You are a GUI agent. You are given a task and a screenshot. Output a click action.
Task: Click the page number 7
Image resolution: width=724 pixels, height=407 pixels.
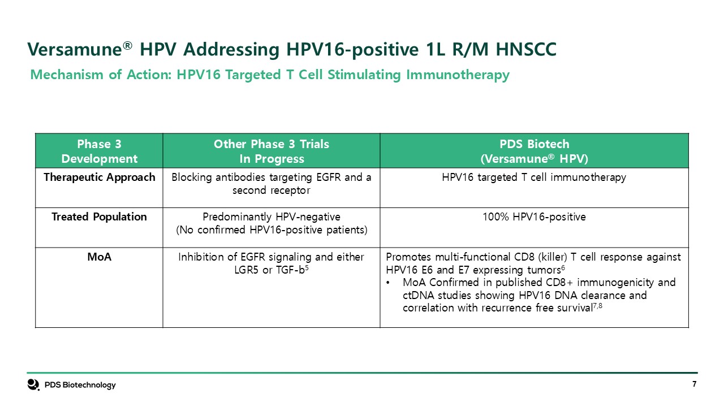tap(694, 384)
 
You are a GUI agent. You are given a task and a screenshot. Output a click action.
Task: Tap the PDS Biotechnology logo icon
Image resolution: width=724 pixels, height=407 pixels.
tap(33, 385)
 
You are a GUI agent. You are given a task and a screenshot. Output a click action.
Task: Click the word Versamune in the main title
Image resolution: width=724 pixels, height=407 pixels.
tap(74, 49)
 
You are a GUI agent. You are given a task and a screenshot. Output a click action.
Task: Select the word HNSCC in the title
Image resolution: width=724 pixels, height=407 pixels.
tap(526, 49)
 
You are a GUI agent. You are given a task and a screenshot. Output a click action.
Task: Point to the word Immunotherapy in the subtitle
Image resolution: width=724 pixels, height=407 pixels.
tap(458, 75)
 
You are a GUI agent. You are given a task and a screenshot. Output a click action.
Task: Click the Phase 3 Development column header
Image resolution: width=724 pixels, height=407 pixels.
tap(99, 151)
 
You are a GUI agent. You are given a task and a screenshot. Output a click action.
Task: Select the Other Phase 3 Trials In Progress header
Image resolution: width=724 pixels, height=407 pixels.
tap(271, 151)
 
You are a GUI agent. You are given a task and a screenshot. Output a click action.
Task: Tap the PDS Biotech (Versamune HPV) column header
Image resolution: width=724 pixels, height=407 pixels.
tap(535, 151)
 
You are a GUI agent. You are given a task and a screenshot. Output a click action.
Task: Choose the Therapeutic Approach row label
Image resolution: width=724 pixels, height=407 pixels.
tap(99, 177)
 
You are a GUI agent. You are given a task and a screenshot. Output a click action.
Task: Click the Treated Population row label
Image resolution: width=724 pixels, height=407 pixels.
tap(99, 217)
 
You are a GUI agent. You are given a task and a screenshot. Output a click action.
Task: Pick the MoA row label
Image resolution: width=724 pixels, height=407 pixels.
tap(99, 257)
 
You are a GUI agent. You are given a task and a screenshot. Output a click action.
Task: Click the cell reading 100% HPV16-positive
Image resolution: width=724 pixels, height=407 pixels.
tap(535, 217)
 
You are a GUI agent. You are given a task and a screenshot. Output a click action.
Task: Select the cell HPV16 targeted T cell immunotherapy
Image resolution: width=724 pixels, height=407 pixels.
tap(535, 177)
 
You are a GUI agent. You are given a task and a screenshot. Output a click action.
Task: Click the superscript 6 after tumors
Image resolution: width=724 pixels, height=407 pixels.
tap(563, 267)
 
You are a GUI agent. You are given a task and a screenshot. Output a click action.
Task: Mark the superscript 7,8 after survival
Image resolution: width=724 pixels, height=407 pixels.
tap(597, 305)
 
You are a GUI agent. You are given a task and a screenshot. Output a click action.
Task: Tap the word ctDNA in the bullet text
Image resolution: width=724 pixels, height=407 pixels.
tap(419, 296)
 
